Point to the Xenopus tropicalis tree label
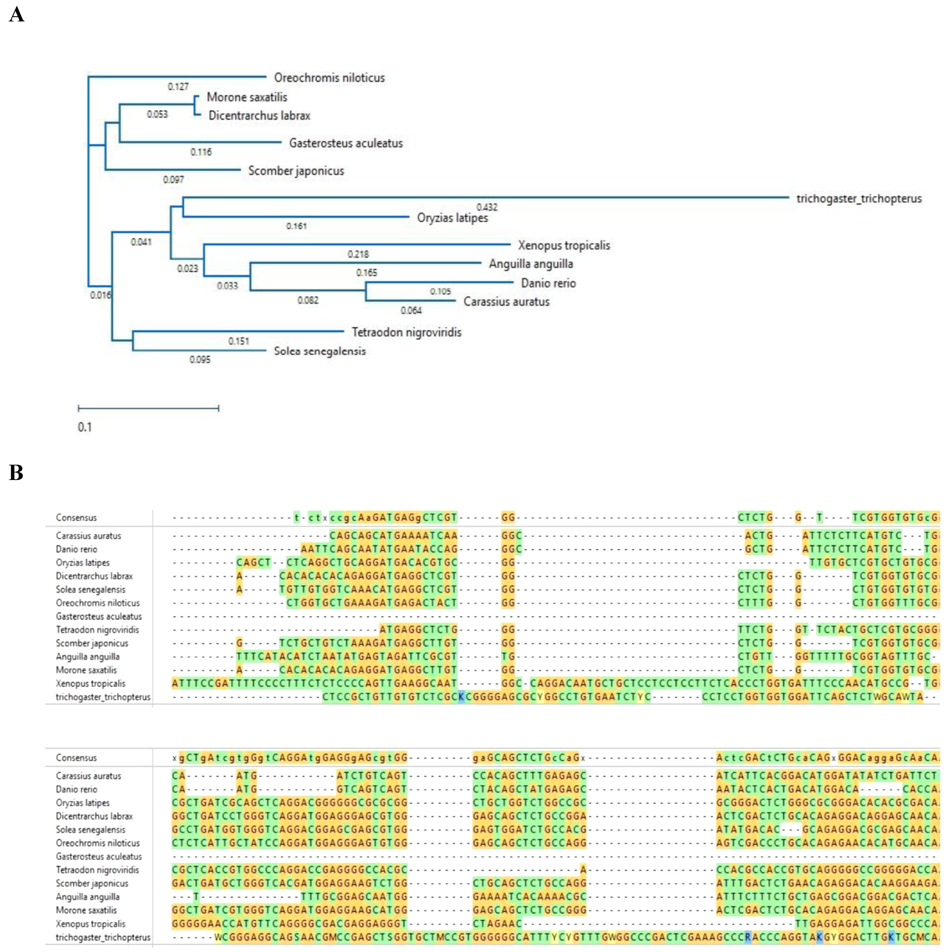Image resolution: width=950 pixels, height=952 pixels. tap(563, 245)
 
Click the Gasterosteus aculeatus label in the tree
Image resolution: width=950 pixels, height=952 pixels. tap(345, 143)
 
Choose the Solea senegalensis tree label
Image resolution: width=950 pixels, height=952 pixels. tap(319, 351)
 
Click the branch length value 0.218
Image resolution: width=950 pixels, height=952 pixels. tap(358, 254)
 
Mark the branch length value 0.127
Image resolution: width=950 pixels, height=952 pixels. tap(178, 87)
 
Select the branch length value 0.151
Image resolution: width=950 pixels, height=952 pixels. tap(239, 341)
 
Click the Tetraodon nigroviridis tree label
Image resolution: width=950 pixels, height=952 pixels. tap(406, 332)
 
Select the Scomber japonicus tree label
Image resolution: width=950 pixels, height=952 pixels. tap(296, 171)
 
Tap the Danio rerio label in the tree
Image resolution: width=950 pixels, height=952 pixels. tap(548, 283)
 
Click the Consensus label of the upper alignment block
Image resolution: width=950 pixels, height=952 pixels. tap(76, 517)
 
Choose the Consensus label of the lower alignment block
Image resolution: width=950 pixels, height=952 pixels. tap(76, 757)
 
